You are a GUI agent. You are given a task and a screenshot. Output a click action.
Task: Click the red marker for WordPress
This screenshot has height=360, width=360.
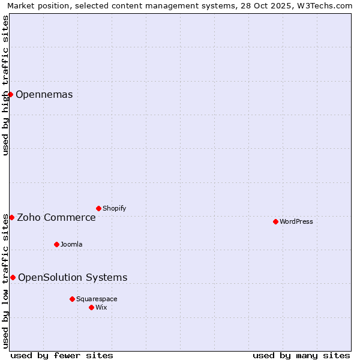(275, 221)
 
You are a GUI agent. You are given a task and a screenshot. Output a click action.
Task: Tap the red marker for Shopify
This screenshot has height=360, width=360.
(98, 208)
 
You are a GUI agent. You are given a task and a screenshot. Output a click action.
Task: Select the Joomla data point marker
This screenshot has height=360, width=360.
(56, 244)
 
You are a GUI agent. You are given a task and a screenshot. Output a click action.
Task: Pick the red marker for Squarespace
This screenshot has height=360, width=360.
(72, 299)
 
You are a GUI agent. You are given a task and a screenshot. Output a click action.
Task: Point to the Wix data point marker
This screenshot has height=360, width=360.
(91, 307)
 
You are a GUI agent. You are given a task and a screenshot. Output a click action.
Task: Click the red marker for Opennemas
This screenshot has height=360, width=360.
(10, 94)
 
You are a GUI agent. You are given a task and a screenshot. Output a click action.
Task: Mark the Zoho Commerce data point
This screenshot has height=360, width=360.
(11, 217)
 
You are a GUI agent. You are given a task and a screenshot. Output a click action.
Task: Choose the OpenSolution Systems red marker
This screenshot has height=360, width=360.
(13, 277)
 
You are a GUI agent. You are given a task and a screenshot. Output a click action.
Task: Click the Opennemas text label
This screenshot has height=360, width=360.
(44, 94)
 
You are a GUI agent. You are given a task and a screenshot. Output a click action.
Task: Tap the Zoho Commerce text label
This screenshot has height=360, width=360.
(56, 217)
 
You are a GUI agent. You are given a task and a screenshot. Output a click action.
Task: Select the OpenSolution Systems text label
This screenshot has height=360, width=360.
(73, 277)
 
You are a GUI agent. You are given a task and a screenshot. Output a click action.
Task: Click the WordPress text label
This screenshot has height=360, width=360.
(296, 221)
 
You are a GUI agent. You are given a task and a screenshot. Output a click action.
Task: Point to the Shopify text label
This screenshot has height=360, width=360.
(114, 208)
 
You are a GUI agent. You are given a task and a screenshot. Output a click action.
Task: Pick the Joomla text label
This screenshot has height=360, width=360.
(71, 244)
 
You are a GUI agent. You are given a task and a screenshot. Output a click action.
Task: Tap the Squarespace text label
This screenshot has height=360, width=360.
(97, 299)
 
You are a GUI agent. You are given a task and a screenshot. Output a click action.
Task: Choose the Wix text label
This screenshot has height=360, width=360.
(101, 307)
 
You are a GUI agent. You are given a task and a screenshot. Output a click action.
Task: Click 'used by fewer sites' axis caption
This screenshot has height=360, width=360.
(62, 355)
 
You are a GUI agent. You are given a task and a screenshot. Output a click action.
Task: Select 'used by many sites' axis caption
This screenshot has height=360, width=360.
(301, 355)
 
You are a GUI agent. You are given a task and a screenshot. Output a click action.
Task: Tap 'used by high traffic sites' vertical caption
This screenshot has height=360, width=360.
(6, 85)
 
